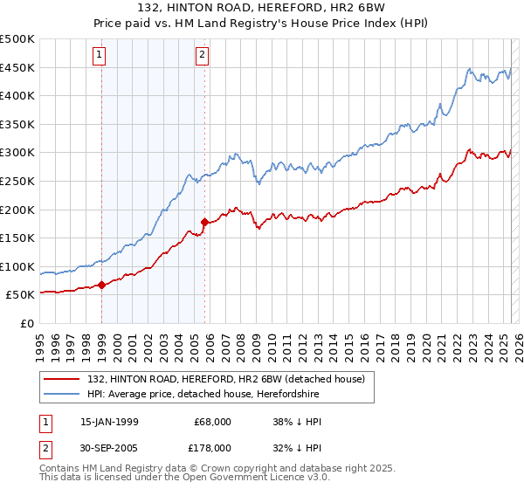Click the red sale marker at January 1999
pyautogui.click(x=101, y=284)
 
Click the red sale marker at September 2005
pyautogui.click(x=204, y=222)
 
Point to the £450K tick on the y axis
pyautogui.click(x=18, y=67)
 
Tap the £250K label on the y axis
pyautogui.click(x=18, y=181)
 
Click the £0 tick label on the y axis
pyautogui.click(x=27, y=323)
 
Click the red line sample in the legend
pyautogui.click(x=62, y=379)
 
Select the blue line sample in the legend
pyautogui.click(x=62, y=395)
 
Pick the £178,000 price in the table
pyautogui.click(x=213, y=447)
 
